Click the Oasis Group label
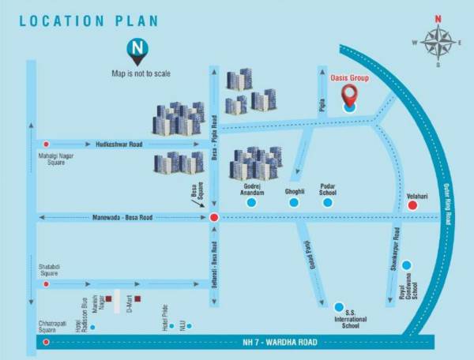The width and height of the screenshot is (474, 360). tap(348, 79)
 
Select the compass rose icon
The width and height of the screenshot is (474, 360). tap(436, 43)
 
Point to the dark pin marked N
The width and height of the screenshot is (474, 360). tap(137, 52)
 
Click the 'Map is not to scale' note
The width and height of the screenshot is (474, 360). tap(141, 74)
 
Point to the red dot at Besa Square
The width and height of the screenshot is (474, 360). tap(213, 217)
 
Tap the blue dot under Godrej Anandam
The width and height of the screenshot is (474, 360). tap(251, 203)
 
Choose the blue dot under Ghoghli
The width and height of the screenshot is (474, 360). tap(294, 203)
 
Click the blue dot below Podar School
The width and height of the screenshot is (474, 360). tap(329, 203)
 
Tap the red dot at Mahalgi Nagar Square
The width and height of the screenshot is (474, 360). tap(47, 144)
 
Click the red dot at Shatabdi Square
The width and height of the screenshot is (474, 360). tap(47, 283)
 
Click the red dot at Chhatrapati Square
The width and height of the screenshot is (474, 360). tap(47, 342)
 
